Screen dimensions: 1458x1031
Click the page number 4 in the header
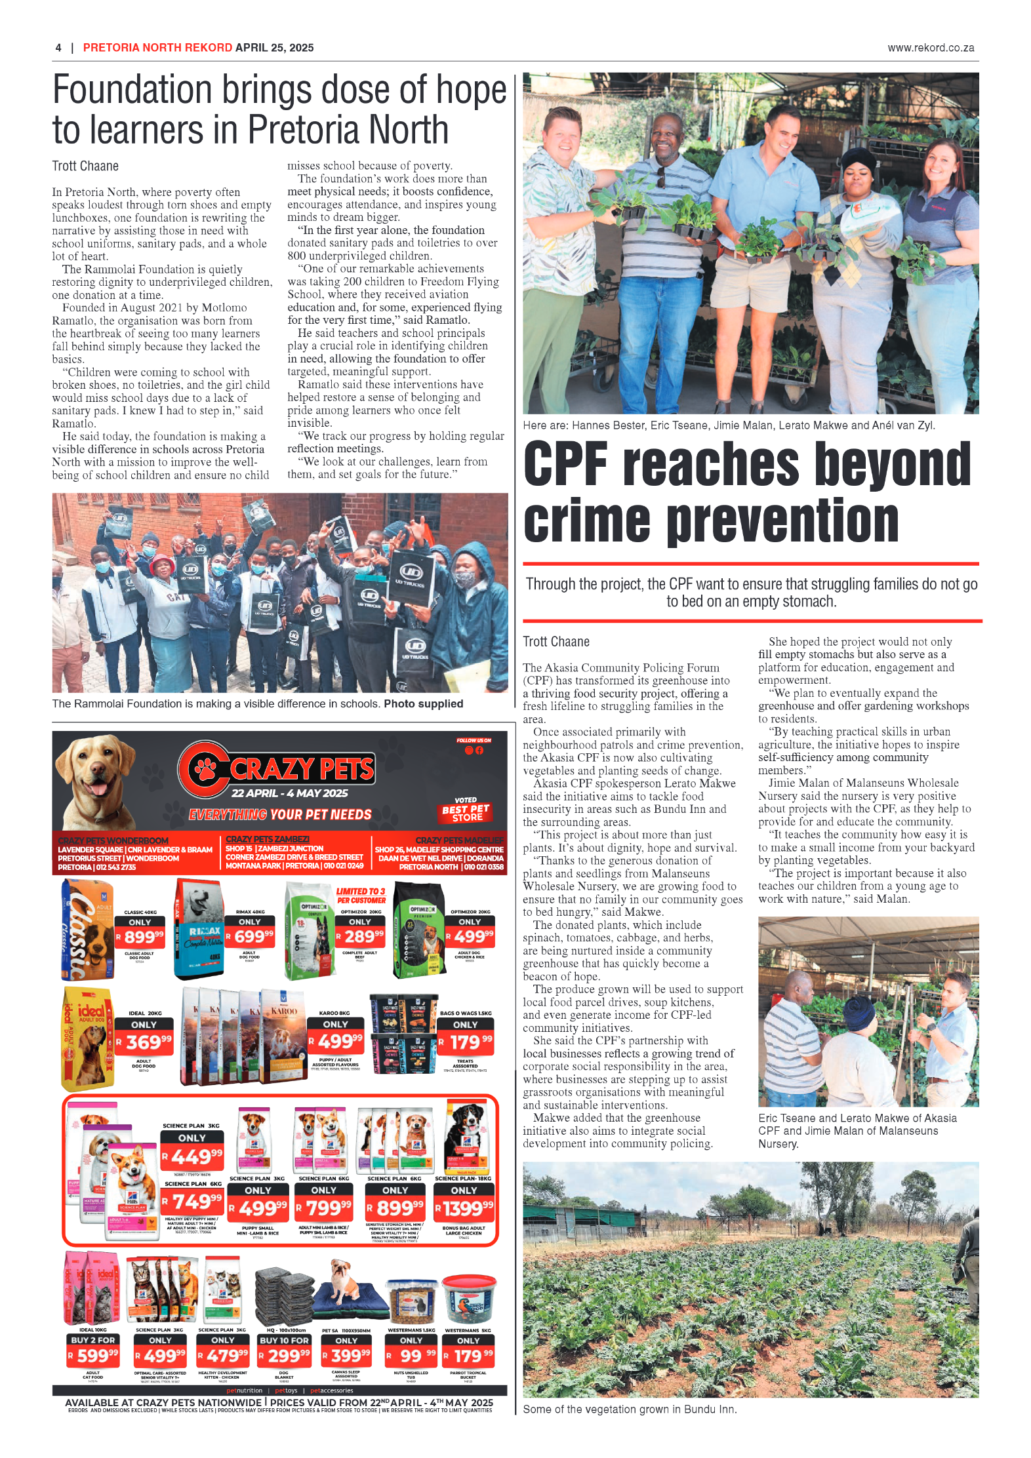[x=58, y=48]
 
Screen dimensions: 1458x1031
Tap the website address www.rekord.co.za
[x=930, y=48]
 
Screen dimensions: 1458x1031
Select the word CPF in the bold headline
[x=565, y=464]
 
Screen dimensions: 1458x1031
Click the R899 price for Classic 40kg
[x=140, y=937]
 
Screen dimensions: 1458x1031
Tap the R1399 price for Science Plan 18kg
[x=464, y=1207]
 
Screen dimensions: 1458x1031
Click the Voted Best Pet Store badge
[x=466, y=810]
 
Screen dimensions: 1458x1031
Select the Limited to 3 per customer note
[x=361, y=896]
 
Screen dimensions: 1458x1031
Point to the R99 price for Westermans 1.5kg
[x=411, y=1355]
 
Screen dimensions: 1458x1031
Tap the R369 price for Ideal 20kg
[x=144, y=1042]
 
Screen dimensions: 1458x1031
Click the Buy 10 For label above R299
[x=284, y=1340]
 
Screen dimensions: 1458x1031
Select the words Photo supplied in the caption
[x=423, y=703]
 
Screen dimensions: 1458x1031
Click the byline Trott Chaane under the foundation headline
[x=85, y=166]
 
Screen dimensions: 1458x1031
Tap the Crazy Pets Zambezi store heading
[x=268, y=839]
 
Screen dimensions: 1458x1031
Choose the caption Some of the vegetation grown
[x=630, y=1409]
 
